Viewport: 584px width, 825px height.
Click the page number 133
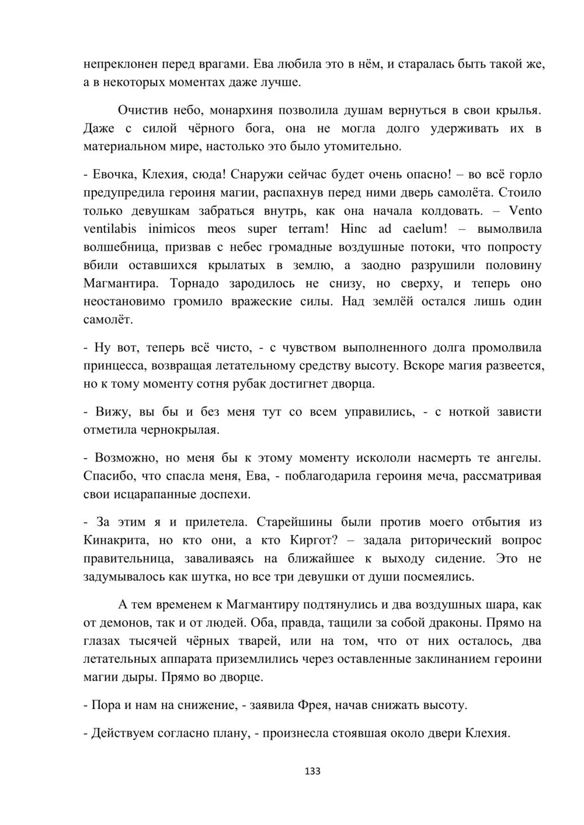pyautogui.click(x=312, y=771)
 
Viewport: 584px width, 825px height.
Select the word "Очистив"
pyautogui.click(x=142, y=110)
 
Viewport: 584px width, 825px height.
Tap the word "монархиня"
pyautogui.click(x=241, y=110)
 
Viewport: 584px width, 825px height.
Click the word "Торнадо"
pyautogui.click(x=196, y=284)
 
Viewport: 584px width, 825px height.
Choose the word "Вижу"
pyautogui.click(x=109, y=412)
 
